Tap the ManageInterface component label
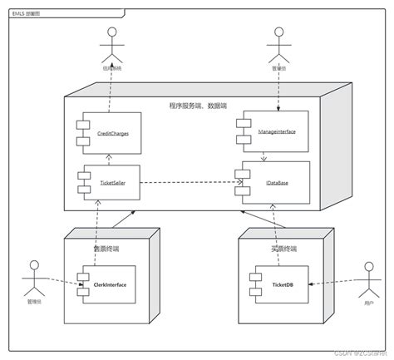pyautogui.click(x=278, y=131)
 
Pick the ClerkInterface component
pyautogui.click(x=107, y=285)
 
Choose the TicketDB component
pyautogui.click(x=278, y=285)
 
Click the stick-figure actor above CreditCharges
pyautogui.click(x=110, y=47)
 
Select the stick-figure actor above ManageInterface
pyautogui.click(x=278, y=47)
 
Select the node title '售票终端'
pyautogui.click(x=106, y=247)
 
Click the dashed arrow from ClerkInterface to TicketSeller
pyautogui.click(x=98, y=229)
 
